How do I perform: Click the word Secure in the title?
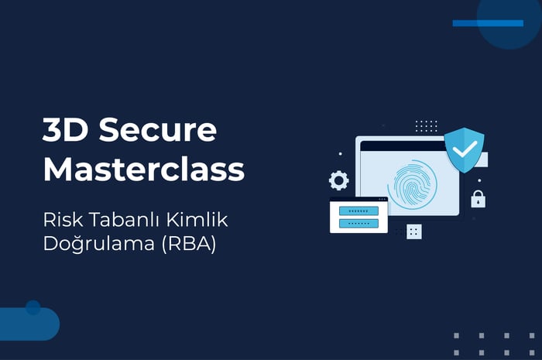pyautogui.click(x=158, y=129)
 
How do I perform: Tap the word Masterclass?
pyautogui.click(x=144, y=169)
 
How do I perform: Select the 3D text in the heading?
pyautogui.click(x=65, y=129)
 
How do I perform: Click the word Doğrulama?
pyautogui.click(x=99, y=244)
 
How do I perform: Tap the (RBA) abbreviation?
pyautogui.click(x=189, y=244)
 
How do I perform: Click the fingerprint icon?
pyautogui.click(x=413, y=185)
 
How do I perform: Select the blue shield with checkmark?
pyautogui.click(x=465, y=150)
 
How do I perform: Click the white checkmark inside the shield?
pyautogui.click(x=465, y=149)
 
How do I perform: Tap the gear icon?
pyautogui.click(x=339, y=180)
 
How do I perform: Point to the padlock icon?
pyautogui.click(x=478, y=199)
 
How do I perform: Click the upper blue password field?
pyautogui.click(x=358, y=211)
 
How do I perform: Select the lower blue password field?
pyautogui.click(x=358, y=223)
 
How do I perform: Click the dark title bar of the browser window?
pyautogui.click(x=403, y=146)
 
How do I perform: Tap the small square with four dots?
pyautogui.click(x=414, y=231)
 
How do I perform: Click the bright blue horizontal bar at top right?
pyautogui.click(x=488, y=23)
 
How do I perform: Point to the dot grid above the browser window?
pyautogui.click(x=426, y=126)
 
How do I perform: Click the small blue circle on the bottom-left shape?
pyautogui.click(x=33, y=307)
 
